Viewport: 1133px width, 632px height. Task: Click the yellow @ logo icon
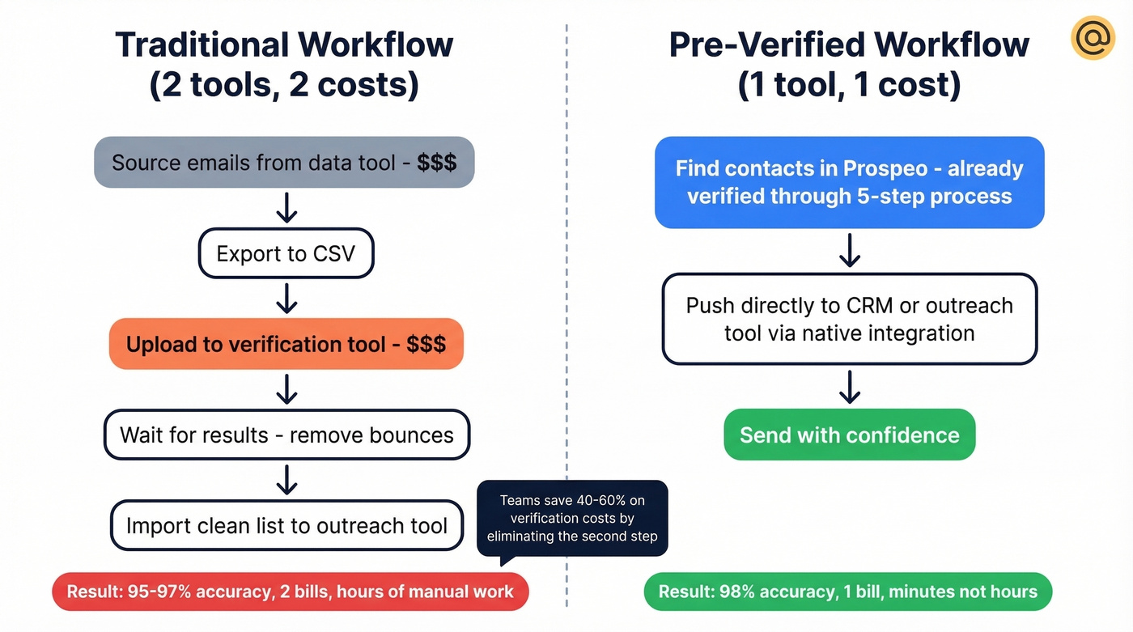pyautogui.click(x=1093, y=37)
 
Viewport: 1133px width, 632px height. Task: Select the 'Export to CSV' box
pyautogui.click(x=286, y=254)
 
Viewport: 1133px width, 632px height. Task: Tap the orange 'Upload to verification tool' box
pyautogui.click(x=286, y=344)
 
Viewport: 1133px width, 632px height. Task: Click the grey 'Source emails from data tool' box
pyautogui.click(x=284, y=163)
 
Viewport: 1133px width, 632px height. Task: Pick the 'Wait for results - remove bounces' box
pyautogui.click(x=286, y=435)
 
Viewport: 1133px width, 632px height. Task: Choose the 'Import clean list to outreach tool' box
pyautogui.click(x=286, y=525)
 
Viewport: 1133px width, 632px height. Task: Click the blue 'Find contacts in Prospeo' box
pyautogui.click(x=849, y=182)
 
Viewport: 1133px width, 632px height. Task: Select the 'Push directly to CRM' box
pyautogui.click(x=849, y=319)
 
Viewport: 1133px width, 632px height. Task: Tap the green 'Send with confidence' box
pyautogui.click(x=849, y=435)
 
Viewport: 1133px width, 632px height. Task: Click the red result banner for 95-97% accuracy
pyautogui.click(x=290, y=592)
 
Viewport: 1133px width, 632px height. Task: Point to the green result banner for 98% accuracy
pyautogui.click(x=847, y=592)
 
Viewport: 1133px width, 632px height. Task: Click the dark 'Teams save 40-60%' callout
pyautogui.click(x=572, y=518)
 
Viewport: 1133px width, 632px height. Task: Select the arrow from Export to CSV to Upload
pyautogui.click(x=286, y=299)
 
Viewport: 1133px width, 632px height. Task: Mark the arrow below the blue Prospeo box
pyautogui.click(x=849, y=251)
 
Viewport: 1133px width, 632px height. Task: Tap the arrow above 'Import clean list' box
pyautogui.click(x=286, y=480)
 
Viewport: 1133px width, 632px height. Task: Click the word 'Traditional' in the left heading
pyautogui.click(x=203, y=45)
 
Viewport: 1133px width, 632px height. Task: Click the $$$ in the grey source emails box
pyautogui.click(x=437, y=163)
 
